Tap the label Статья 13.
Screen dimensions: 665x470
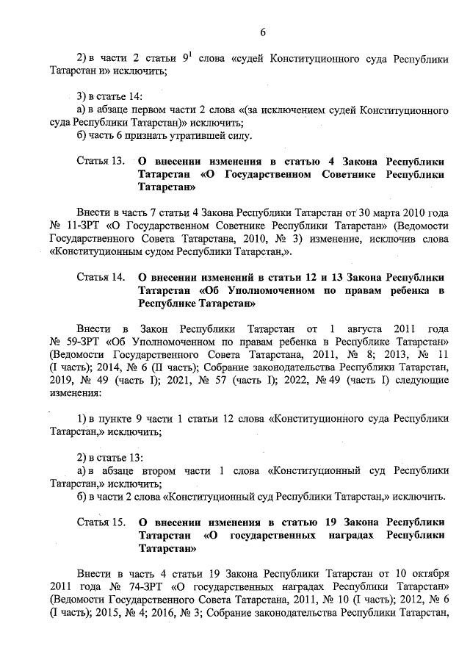pyautogui.click(x=101, y=161)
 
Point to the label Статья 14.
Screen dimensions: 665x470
pyautogui.click(x=101, y=277)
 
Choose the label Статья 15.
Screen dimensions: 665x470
pyautogui.click(x=101, y=522)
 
